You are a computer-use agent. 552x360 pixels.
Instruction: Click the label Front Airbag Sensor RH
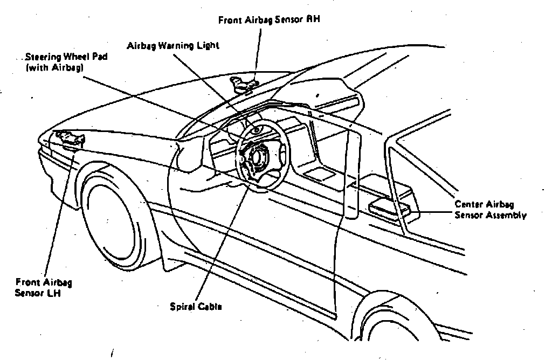coord(269,20)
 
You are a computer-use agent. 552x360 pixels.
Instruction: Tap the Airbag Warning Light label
coord(172,46)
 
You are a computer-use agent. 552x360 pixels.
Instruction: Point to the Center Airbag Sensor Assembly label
coord(490,210)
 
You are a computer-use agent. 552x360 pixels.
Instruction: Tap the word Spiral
coord(181,307)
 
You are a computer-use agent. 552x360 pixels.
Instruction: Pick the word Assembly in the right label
coord(508,215)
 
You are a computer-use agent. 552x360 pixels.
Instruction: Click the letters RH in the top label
coord(313,20)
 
